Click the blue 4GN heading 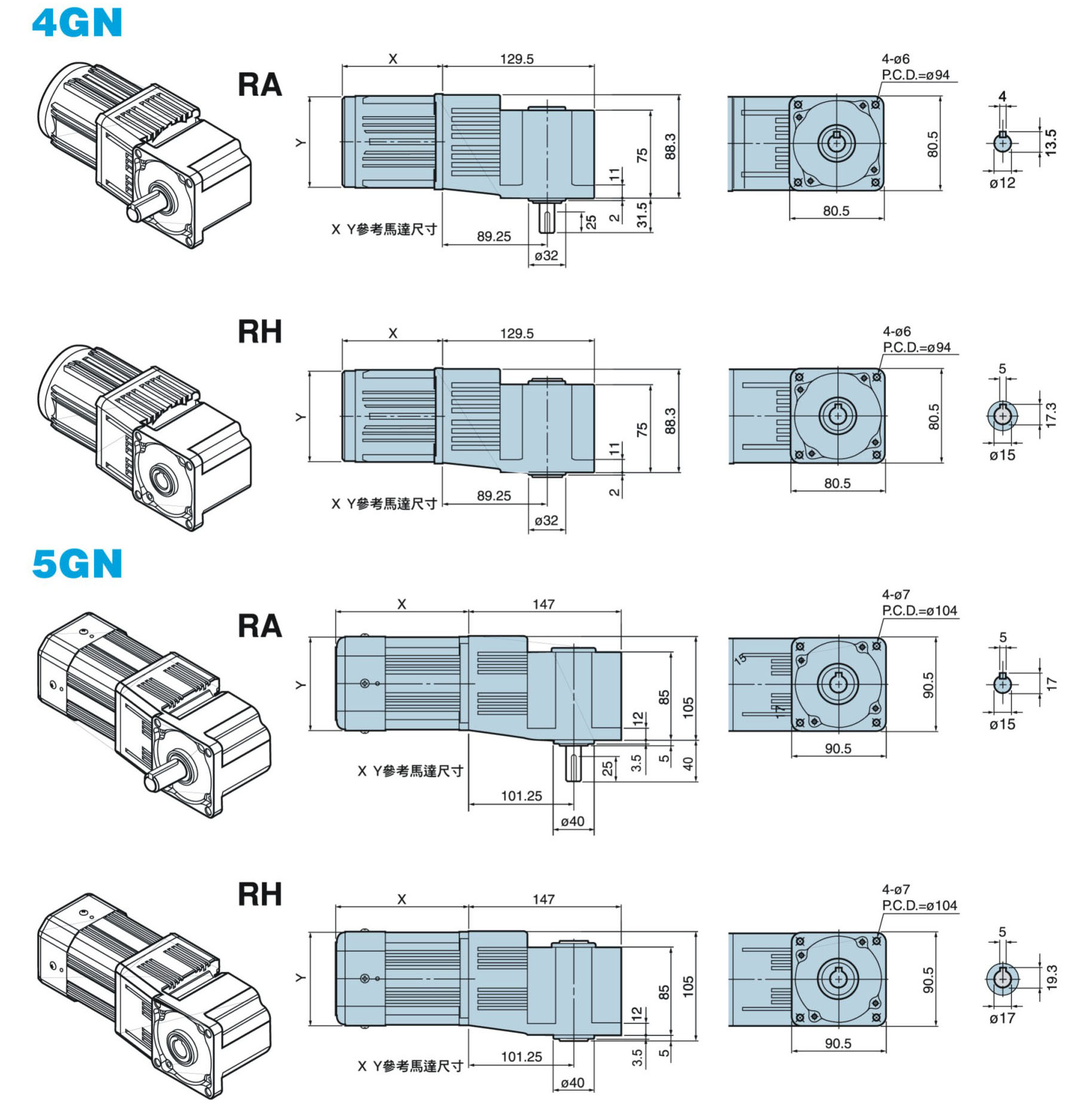click(77, 23)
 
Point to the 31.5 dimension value click(642, 215)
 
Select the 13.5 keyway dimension click(1050, 142)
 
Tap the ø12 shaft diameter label click(1002, 183)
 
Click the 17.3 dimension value click(1050, 415)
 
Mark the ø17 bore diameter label click(1002, 1018)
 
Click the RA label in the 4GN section click(259, 84)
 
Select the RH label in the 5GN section click(259, 894)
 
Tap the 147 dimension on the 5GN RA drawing click(543, 604)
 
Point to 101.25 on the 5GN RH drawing click(521, 1057)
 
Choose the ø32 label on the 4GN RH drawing click(546, 521)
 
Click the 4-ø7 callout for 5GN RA click(896, 595)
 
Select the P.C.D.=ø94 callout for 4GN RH click(917, 347)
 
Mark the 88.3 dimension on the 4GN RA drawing click(670, 146)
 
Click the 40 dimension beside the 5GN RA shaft click(688, 763)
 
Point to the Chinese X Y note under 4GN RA click(384, 230)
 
